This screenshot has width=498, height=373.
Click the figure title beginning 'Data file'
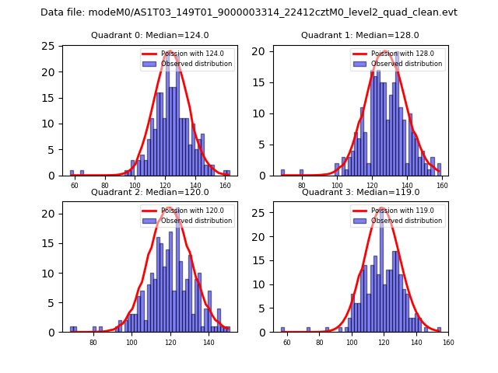[249, 12]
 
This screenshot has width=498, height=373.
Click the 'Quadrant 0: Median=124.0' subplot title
[149, 35]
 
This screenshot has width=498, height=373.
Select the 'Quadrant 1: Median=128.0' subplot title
[360, 35]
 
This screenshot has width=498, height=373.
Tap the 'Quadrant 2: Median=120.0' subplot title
[149, 192]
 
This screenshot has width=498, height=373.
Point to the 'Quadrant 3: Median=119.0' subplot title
[360, 192]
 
